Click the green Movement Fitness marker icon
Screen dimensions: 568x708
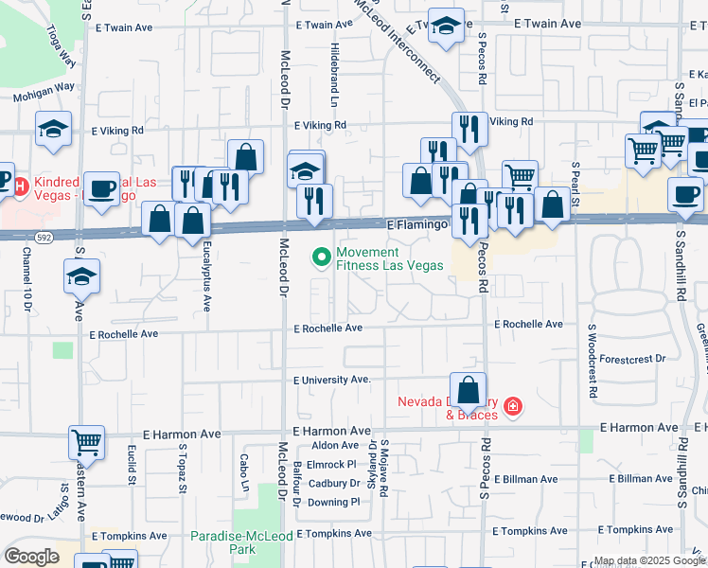click(x=321, y=256)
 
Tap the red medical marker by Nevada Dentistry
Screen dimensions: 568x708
click(x=512, y=406)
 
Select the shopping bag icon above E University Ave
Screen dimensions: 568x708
click(x=469, y=388)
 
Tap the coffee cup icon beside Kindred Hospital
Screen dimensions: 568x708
click(x=101, y=187)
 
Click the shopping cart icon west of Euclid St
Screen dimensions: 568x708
click(x=86, y=442)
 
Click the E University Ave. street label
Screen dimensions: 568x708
click(x=331, y=380)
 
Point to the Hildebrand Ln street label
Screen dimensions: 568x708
click(x=334, y=61)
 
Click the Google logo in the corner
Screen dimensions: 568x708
click(x=31, y=557)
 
